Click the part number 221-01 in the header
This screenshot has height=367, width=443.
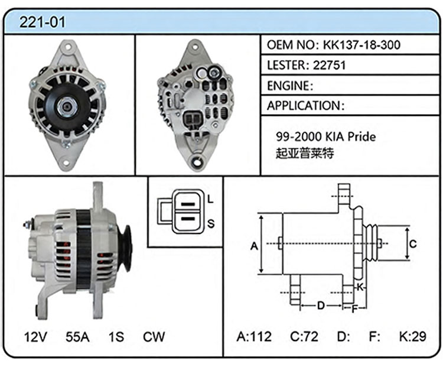42,22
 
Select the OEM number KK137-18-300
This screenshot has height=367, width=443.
361,45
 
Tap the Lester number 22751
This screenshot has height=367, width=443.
330,66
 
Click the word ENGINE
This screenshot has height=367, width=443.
288,86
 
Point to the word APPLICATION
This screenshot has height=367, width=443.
304,106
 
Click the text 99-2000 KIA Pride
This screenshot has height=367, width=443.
325,137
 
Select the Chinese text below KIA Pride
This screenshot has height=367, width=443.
305,153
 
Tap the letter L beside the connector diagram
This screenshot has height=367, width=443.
210,199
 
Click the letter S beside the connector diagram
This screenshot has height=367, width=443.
211,223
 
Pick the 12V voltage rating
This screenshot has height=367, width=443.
35,337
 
